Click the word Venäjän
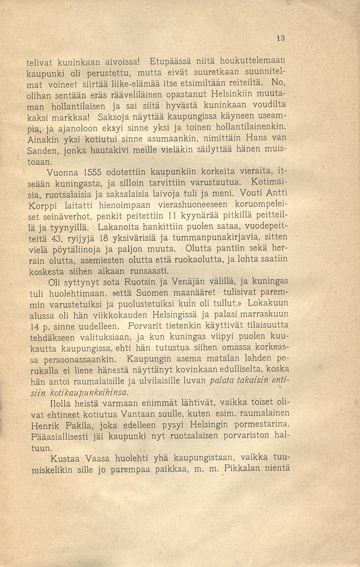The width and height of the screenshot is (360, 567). point(184,283)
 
